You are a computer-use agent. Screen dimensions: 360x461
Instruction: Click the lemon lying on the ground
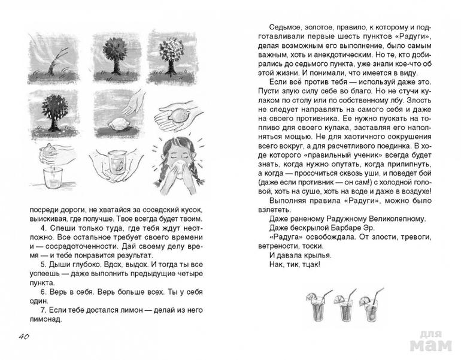point(116,122)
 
